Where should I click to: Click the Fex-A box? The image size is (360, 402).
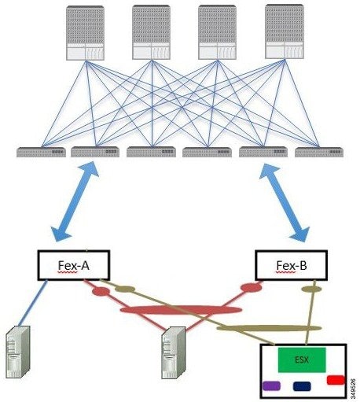[x=74, y=265]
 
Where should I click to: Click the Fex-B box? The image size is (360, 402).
[x=291, y=265]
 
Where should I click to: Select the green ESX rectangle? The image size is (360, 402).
[x=302, y=360]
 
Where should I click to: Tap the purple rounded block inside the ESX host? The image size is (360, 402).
[x=271, y=385]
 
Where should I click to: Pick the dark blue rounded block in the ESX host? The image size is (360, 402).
[x=302, y=386]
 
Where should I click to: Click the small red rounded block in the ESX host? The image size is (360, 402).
[x=336, y=380]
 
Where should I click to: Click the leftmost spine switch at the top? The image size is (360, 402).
[x=85, y=33]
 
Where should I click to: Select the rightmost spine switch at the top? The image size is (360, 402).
[x=285, y=31]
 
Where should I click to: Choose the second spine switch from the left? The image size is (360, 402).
[x=151, y=32]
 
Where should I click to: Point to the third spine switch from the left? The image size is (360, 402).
[x=217, y=32]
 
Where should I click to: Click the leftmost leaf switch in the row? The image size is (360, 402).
[x=41, y=152]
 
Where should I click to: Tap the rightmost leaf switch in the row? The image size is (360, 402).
[x=319, y=152]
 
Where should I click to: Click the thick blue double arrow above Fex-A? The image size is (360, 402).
[x=75, y=201]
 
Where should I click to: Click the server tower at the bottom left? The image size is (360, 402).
[x=18, y=352]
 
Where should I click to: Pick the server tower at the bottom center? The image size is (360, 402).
[x=174, y=352]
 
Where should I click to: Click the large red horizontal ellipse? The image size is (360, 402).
[x=181, y=310]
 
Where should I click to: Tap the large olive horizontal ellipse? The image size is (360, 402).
[x=269, y=328]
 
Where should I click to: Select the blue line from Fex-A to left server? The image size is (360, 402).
[x=33, y=304]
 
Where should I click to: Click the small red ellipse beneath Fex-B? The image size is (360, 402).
[x=252, y=287]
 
